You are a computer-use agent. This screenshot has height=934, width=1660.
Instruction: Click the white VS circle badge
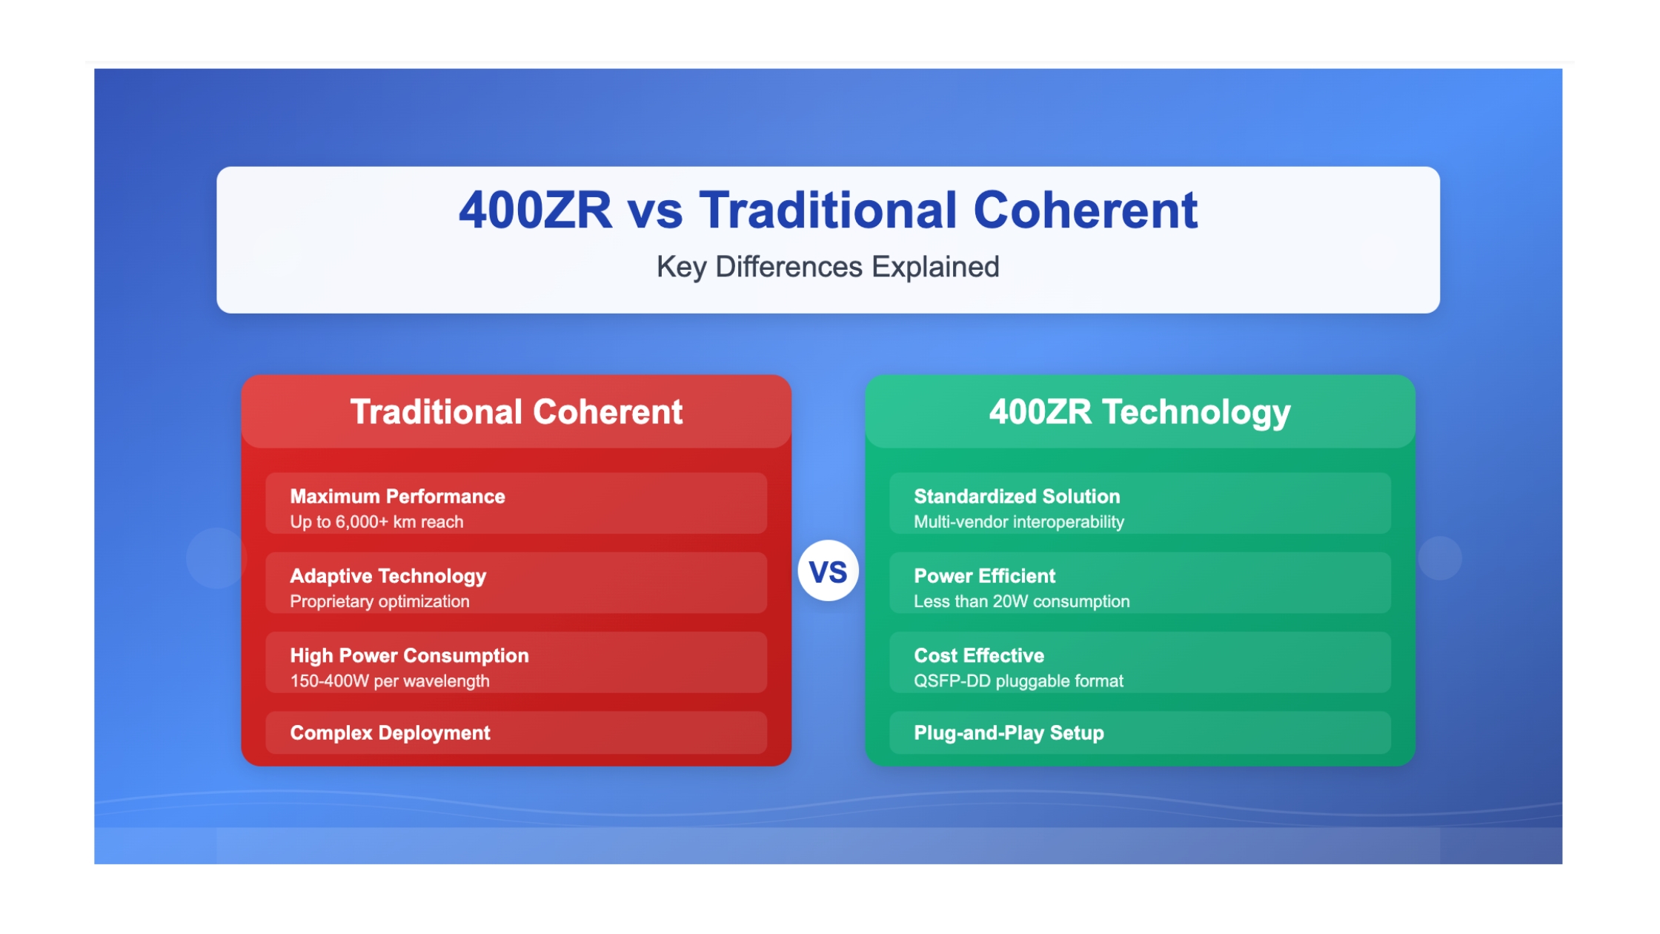pos(828,571)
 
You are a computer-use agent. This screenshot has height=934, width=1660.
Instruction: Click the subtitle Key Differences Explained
pos(828,267)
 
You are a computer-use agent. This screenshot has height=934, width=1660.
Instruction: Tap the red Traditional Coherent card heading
pos(516,412)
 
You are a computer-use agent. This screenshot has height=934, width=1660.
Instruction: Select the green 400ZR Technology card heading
pos(1140,412)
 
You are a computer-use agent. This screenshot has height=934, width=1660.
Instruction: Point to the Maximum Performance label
pos(397,497)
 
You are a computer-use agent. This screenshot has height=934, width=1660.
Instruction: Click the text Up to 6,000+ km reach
pos(376,522)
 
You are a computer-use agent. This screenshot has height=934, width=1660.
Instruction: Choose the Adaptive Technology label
pos(388,577)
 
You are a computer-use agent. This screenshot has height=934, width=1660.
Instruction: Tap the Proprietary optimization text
pos(379,601)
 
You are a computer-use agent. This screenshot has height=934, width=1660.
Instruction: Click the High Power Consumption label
pos(409,656)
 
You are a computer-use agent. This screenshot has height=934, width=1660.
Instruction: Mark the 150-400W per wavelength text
pos(390,681)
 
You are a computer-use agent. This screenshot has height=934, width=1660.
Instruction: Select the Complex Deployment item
pos(390,733)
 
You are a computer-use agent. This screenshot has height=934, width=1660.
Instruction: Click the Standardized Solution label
pos(1017,497)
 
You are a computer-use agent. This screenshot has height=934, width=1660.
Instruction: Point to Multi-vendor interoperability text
pos(1019,522)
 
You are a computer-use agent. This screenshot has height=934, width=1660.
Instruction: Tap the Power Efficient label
pos(984,576)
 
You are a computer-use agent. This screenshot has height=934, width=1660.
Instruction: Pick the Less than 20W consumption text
pos(1022,601)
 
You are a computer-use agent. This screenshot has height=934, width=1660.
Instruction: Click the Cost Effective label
pos(979,656)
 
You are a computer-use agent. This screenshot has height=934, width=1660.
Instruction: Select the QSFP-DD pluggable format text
pos(1018,681)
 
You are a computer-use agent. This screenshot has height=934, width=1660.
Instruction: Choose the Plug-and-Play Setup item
pos(1009,733)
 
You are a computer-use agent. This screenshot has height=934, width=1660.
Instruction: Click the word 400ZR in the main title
pos(535,211)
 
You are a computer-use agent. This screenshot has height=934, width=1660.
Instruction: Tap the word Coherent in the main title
pos(1085,211)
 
